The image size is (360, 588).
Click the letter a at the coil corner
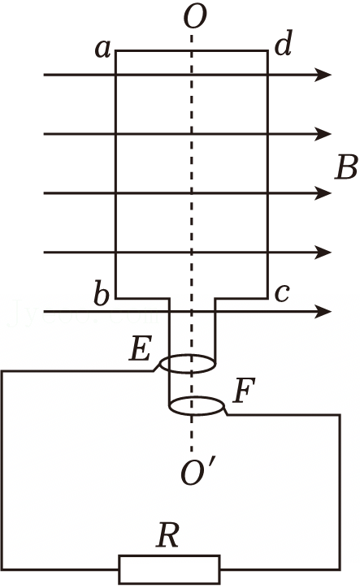coord(103,49)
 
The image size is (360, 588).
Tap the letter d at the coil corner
coord(283,43)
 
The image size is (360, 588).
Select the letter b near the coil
coord(101,294)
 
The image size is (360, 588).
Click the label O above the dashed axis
coord(195,17)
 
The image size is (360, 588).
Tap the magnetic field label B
coord(346,167)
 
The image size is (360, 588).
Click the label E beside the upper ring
coord(140,348)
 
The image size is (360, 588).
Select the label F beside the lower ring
coord(244,390)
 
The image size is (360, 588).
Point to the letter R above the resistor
coord(167,534)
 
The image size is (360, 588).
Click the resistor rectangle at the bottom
coord(169,569)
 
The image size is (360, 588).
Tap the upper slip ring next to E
coord(188,373)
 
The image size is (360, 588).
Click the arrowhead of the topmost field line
coord(324,75)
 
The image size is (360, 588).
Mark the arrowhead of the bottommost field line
coord(324,311)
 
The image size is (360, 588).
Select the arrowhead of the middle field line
coord(324,193)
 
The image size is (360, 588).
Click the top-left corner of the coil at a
coord(115,51)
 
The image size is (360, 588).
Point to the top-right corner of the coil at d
coord(267,51)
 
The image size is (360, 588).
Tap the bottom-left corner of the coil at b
coord(115,299)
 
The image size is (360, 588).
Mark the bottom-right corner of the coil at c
coord(267,299)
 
